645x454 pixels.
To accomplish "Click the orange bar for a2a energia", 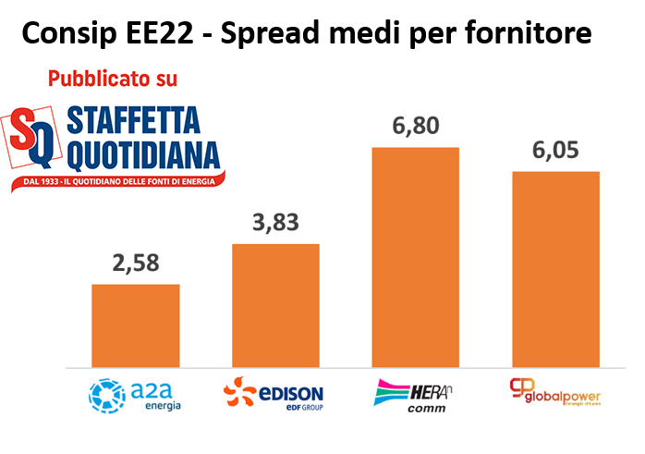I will tap(136, 325).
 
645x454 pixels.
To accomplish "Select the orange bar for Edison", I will tap(275, 305).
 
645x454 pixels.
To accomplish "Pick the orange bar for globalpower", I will tap(555, 269).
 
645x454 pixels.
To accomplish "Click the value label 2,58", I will tap(135, 263).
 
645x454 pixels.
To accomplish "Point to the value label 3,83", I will tap(275, 223).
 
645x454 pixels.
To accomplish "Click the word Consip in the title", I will tap(70, 34).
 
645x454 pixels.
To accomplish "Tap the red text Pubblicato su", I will tap(112, 79).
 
